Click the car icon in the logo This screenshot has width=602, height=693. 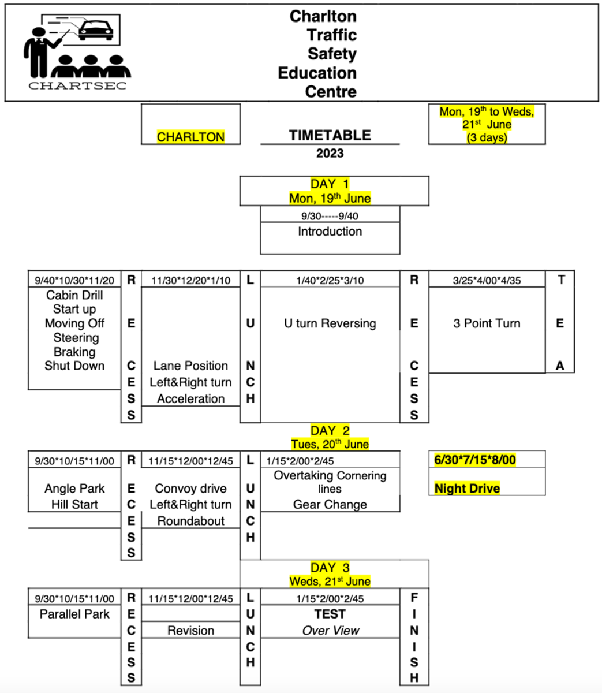pyautogui.click(x=96, y=31)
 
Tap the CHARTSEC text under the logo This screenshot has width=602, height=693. pyautogui.click(x=77, y=85)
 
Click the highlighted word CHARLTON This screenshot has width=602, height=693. pyautogui.click(x=190, y=137)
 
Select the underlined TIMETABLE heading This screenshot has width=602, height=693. pyautogui.click(x=330, y=135)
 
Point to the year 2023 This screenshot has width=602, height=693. pyautogui.click(x=330, y=153)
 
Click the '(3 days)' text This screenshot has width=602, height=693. pyautogui.click(x=487, y=137)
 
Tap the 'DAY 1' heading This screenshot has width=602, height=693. pyautogui.click(x=330, y=184)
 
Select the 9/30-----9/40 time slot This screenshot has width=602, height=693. pyautogui.click(x=330, y=216)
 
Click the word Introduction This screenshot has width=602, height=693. pyautogui.click(x=330, y=232)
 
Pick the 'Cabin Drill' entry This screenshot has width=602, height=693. pyautogui.click(x=74, y=295)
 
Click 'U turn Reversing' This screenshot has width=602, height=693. pyautogui.click(x=330, y=323)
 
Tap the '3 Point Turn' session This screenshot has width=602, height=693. pyautogui.click(x=487, y=323)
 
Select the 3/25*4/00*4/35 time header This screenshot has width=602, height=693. pyautogui.click(x=487, y=281)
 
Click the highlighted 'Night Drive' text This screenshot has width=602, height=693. pyautogui.click(x=467, y=489)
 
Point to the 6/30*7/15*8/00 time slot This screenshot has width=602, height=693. pyautogui.click(x=475, y=460)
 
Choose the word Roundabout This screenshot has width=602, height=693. pyautogui.click(x=191, y=521)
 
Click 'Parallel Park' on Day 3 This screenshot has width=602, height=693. pyautogui.click(x=74, y=614)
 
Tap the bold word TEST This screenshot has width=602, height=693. pyautogui.click(x=330, y=614)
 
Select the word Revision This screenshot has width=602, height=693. pyautogui.click(x=191, y=631)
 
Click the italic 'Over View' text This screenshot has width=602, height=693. pyautogui.click(x=331, y=631)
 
